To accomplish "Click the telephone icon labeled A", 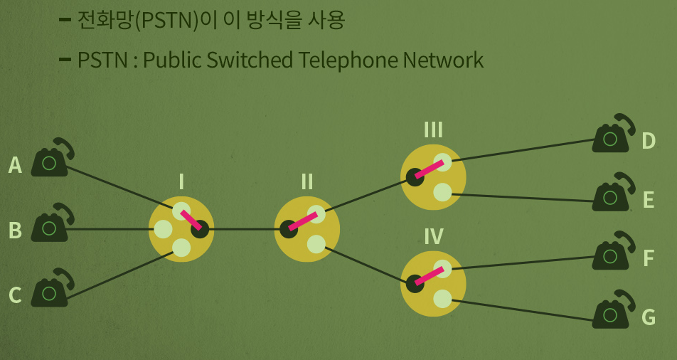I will pyautogui.click(x=51, y=159).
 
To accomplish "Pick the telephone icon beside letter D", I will pyautogui.click(x=612, y=134).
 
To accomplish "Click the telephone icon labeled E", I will pyautogui.click(x=612, y=194).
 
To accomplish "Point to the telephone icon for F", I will pyautogui.click(x=612, y=252).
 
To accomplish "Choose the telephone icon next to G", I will pyautogui.click(x=612, y=311).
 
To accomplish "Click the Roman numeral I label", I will pyautogui.click(x=181, y=182).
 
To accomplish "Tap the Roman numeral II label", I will pyautogui.click(x=306, y=182).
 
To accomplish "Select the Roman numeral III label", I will pyautogui.click(x=433, y=130).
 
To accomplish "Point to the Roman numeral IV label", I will pyautogui.click(x=433, y=236).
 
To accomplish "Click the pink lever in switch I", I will pyautogui.click(x=191, y=220).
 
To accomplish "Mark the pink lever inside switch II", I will pyautogui.click(x=303, y=221).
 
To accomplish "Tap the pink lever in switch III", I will pyautogui.click(x=430, y=169).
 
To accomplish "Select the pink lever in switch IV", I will pyautogui.click(x=429, y=276).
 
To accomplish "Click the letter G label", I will pyautogui.click(x=649, y=317).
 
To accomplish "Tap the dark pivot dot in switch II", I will pyautogui.click(x=288, y=229).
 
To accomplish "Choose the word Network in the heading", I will pyautogui.click(x=443, y=60).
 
